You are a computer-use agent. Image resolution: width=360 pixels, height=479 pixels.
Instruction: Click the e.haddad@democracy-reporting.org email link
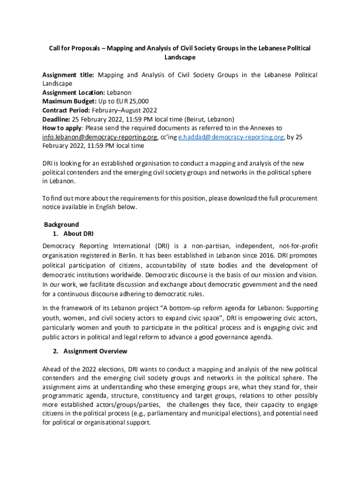pyautogui.click(x=231, y=137)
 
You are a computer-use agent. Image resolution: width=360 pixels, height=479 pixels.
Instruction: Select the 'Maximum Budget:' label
pyautogui.click(x=69, y=102)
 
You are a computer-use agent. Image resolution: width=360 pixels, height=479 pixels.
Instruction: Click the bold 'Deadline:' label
pyautogui.click(x=57, y=119)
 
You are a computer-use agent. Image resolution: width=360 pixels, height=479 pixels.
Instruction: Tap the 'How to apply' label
pyautogui.click(x=62, y=128)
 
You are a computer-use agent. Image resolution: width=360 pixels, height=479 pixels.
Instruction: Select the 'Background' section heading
pyautogui.click(x=61, y=225)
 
